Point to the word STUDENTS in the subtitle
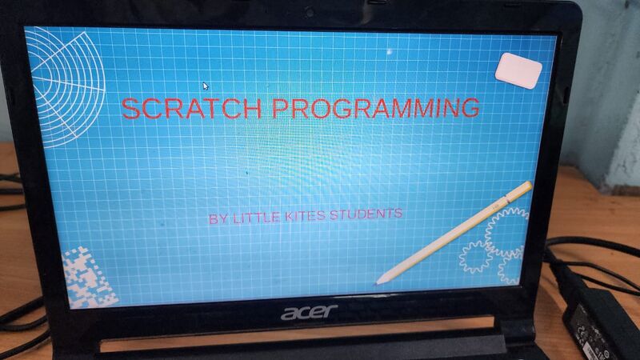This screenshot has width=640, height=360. (366, 214)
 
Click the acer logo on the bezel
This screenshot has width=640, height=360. (309, 311)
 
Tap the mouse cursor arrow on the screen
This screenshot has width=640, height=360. (206, 86)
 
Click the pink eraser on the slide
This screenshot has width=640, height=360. (518, 70)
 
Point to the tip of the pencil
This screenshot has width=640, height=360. (377, 282)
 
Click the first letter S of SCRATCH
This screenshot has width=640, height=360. (130, 109)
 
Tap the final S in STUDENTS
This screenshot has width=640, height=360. (398, 214)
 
